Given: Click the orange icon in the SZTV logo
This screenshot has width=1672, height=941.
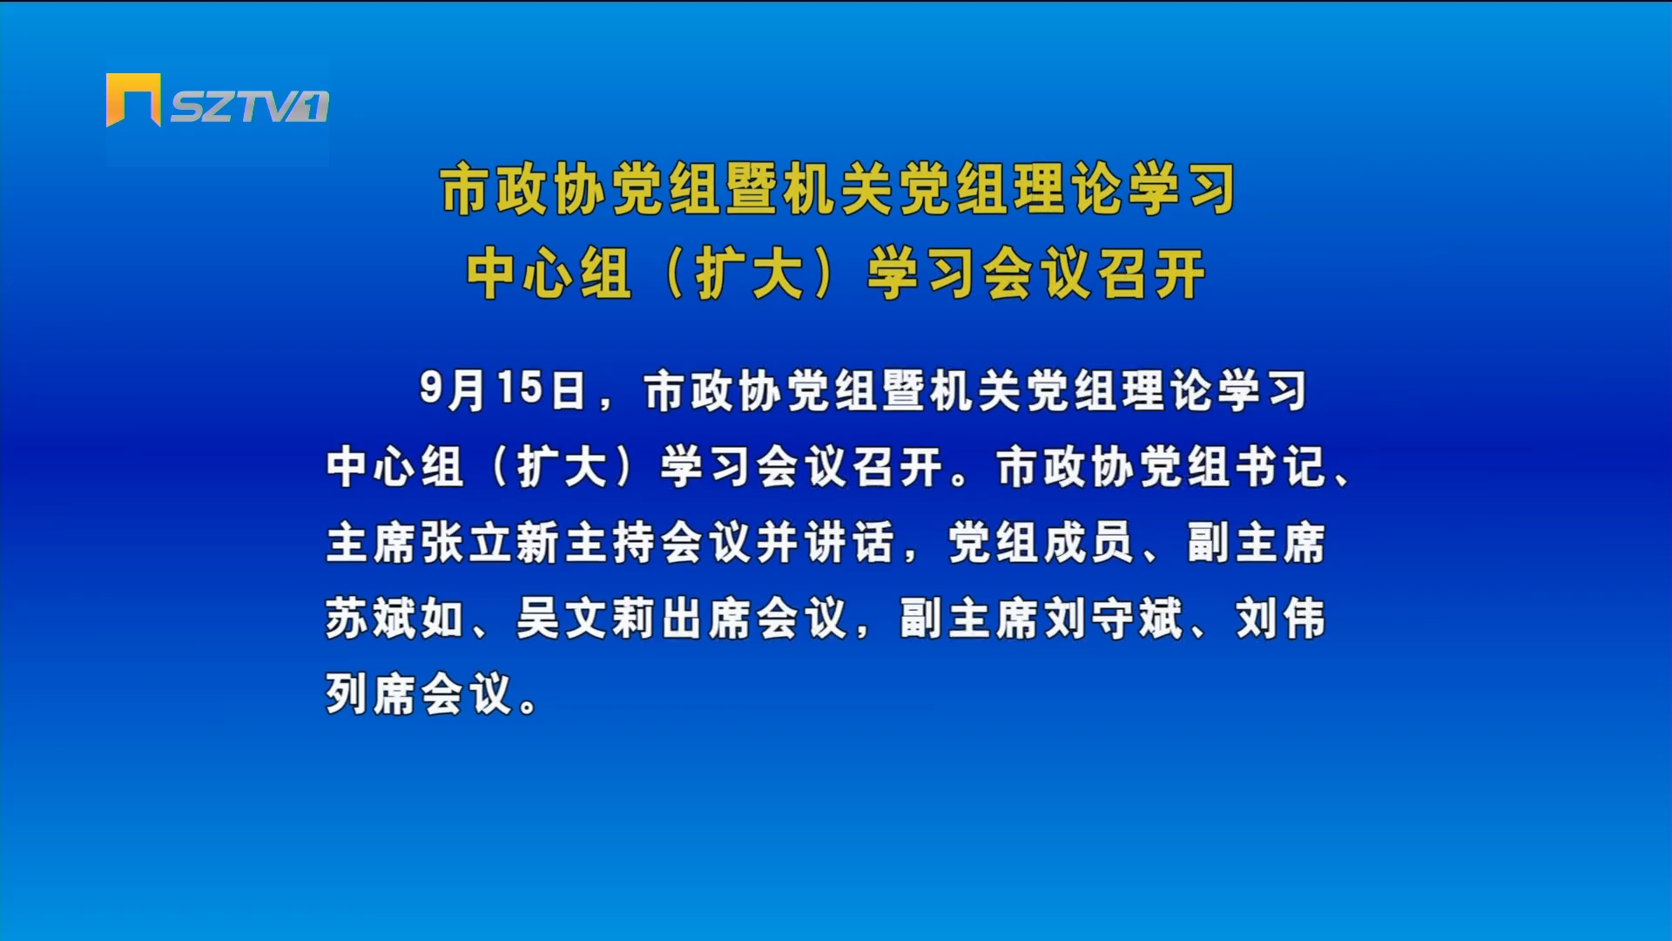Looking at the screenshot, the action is pos(133,99).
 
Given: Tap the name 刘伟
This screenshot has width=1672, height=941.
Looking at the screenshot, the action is pos(1281,619).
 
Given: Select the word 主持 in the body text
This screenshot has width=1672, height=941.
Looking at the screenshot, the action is pos(610,542).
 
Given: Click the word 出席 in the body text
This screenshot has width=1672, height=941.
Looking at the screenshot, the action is pos(706,619).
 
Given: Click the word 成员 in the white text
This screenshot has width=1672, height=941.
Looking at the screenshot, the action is pos(1089,542).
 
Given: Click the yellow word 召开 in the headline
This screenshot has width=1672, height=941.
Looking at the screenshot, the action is pos(1151,274).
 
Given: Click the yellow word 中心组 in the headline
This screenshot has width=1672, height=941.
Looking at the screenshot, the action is pos(549,274).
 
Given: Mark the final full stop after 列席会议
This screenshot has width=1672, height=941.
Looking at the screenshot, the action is pos(528,704).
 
